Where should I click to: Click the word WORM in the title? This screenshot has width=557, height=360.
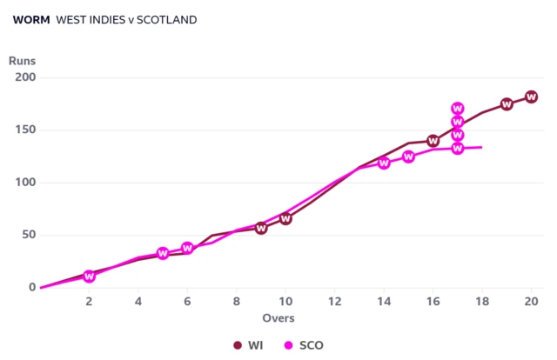pyautogui.click(x=31, y=20)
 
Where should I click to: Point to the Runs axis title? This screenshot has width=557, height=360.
pyautogui.click(x=23, y=62)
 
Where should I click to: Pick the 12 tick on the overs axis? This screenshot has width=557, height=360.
pyautogui.click(x=334, y=301)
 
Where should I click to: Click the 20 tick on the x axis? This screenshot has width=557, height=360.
pyautogui.click(x=531, y=301)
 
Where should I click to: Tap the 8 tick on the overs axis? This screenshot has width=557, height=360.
pyautogui.click(x=236, y=301)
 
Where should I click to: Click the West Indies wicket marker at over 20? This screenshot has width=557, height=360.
pyautogui.click(x=531, y=97)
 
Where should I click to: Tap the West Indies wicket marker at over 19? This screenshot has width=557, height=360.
pyautogui.click(x=507, y=104)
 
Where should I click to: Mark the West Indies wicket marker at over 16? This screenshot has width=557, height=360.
pyautogui.click(x=433, y=141)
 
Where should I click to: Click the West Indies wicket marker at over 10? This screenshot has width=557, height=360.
pyautogui.click(x=285, y=218)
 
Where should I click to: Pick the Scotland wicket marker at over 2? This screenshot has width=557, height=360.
pyautogui.click(x=89, y=277)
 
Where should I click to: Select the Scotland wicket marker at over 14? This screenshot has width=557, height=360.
pyautogui.click(x=384, y=163)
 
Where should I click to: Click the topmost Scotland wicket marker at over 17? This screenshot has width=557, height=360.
pyautogui.click(x=458, y=109)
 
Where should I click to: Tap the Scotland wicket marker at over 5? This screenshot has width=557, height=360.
pyautogui.click(x=163, y=254)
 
